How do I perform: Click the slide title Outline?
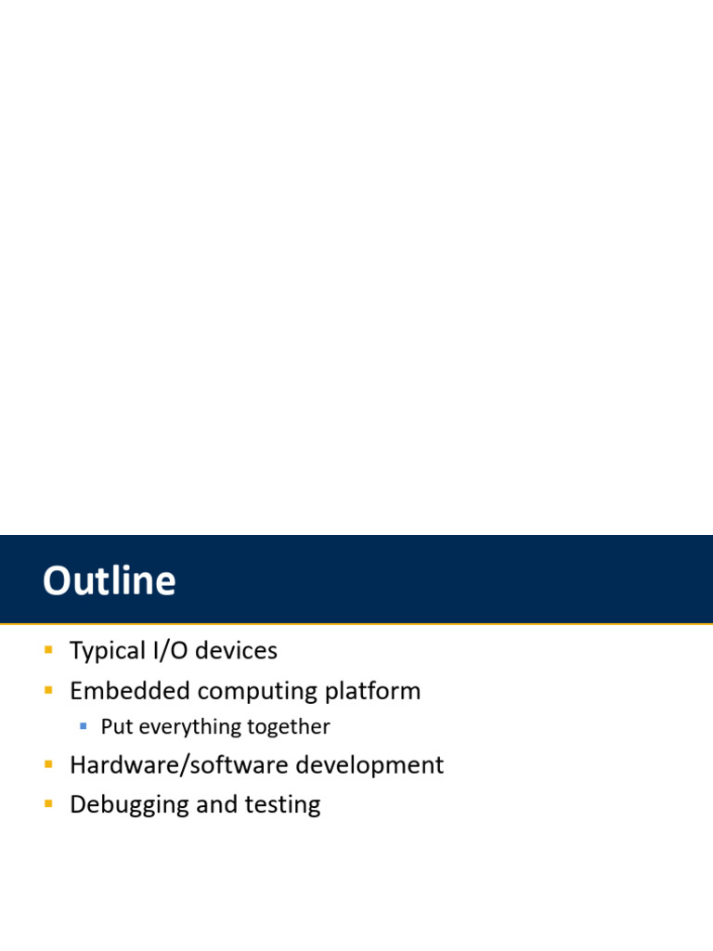[x=109, y=581]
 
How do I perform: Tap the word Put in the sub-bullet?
[x=117, y=727]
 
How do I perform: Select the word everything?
[x=181, y=727]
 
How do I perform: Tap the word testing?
[x=283, y=805]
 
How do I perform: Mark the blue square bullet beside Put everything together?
[x=84, y=725]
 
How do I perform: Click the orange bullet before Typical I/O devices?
[x=48, y=650]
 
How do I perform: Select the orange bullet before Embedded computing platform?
[x=48, y=690]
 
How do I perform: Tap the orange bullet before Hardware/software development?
[x=48, y=764]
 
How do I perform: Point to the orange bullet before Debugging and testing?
[x=48, y=803]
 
